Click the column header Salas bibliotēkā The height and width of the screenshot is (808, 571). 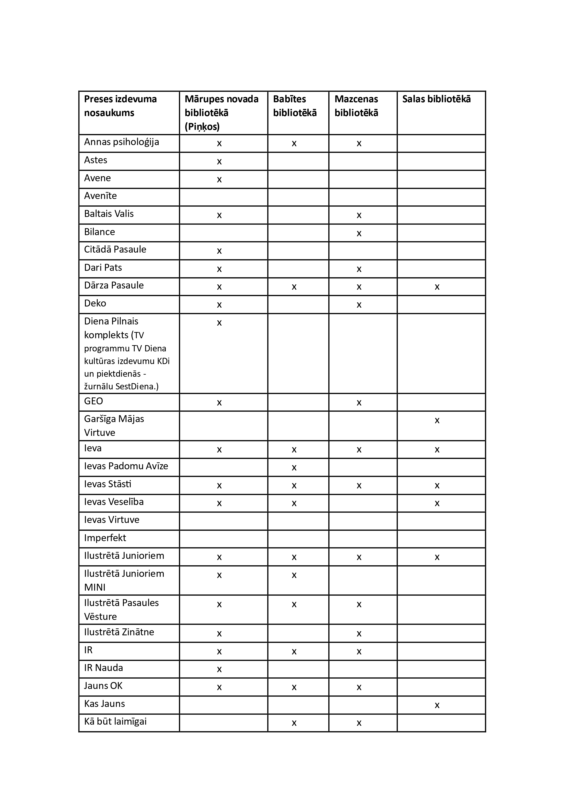pyautogui.click(x=436, y=99)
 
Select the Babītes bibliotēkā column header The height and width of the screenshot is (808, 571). pyautogui.click(x=295, y=106)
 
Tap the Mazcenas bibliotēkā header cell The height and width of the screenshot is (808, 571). pyautogui.click(x=356, y=106)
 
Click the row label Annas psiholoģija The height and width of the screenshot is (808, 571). pyautogui.click(x=121, y=142)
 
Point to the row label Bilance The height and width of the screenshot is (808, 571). pyautogui.click(x=99, y=232)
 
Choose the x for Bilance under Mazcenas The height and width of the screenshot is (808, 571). pyautogui.click(x=359, y=233)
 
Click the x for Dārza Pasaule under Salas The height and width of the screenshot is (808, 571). pyautogui.click(x=437, y=287)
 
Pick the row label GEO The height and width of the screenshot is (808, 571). pyautogui.click(x=93, y=401)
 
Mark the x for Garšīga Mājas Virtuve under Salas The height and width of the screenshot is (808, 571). pyautogui.click(x=437, y=420)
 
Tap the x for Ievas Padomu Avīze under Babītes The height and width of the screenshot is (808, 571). pyautogui.click(x=294, y=468)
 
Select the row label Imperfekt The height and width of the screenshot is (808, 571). pyautogui.click(x=105, y=538)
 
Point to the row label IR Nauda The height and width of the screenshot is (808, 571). pyautogui.click(x=103, y=668)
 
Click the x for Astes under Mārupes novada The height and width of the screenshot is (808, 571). pyautogui.click(x=219, y=161)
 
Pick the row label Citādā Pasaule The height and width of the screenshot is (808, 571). pyautogui.click(x=115, y=250)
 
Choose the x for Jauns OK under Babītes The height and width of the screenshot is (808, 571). pyautogui.click(x=294, y=687)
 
